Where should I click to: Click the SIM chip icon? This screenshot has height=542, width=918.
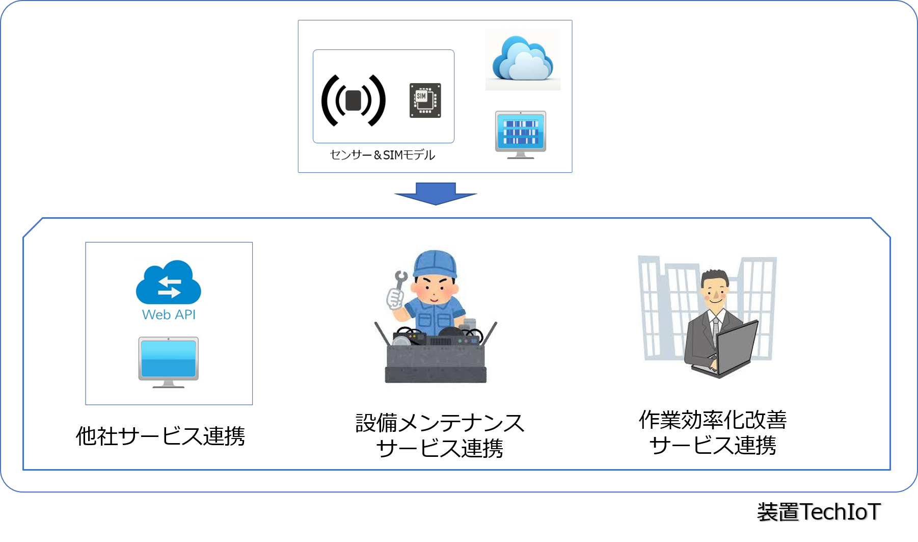pyautogui.click(x=425, y=100)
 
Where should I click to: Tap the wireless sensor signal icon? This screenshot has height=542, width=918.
pyautogui.click(x=353, y=100)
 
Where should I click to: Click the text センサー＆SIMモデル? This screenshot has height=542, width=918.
pyautogui.click(x=382, y=155)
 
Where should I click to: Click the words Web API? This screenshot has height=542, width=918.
pyautogui.click(x=169, y=315)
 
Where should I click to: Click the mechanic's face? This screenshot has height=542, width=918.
pyautogui.click(x=433, y=291)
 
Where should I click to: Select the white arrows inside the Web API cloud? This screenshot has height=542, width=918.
pyautogui.click(x=169, y=287)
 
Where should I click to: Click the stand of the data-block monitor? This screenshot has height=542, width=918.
pyautogui.click(x=521, y=155)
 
